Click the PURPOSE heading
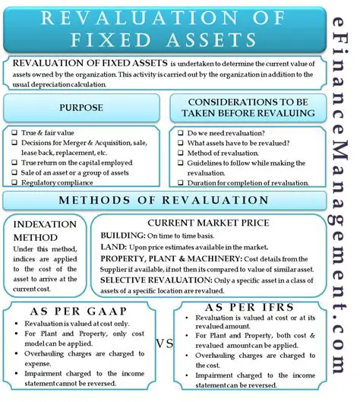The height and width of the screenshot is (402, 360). tap(81, 108)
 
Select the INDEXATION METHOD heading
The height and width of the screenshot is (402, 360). tap(45, 230)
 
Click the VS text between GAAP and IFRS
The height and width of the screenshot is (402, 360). tap(165, 343)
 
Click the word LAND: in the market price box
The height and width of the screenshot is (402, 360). tap(115, 248)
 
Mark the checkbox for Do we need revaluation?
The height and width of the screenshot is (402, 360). tap(179, 131)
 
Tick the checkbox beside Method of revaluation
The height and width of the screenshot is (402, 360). tap(179, 154)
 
